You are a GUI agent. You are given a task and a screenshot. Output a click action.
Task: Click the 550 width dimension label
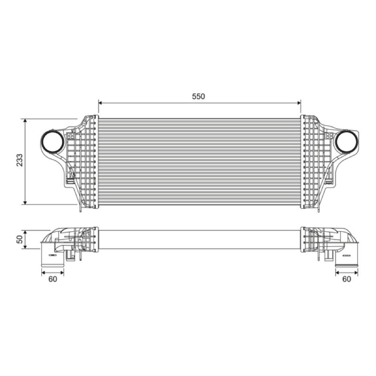(198, 96)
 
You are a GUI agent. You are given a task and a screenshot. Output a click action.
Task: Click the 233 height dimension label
(20, 160)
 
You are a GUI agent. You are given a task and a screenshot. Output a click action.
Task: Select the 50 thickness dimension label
(20, 239)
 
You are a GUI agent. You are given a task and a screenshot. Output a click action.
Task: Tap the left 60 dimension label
(53, 279)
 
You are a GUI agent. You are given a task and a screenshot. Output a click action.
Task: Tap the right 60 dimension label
(346, 279)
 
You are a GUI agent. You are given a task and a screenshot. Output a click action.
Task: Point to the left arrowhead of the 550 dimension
(100, 103)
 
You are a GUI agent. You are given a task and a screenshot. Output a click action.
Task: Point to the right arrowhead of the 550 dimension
(299, 103)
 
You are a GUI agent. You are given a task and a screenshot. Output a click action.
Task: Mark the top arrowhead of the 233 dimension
(25, 120)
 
